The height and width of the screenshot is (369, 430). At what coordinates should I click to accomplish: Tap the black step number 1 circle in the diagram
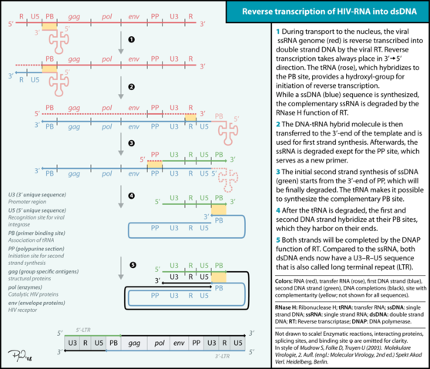(x=132, y=39)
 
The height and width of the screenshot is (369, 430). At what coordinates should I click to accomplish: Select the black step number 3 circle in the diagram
(x=132, y=143)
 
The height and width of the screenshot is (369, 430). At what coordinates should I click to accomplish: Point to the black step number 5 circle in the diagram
(x=132, y=265)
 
